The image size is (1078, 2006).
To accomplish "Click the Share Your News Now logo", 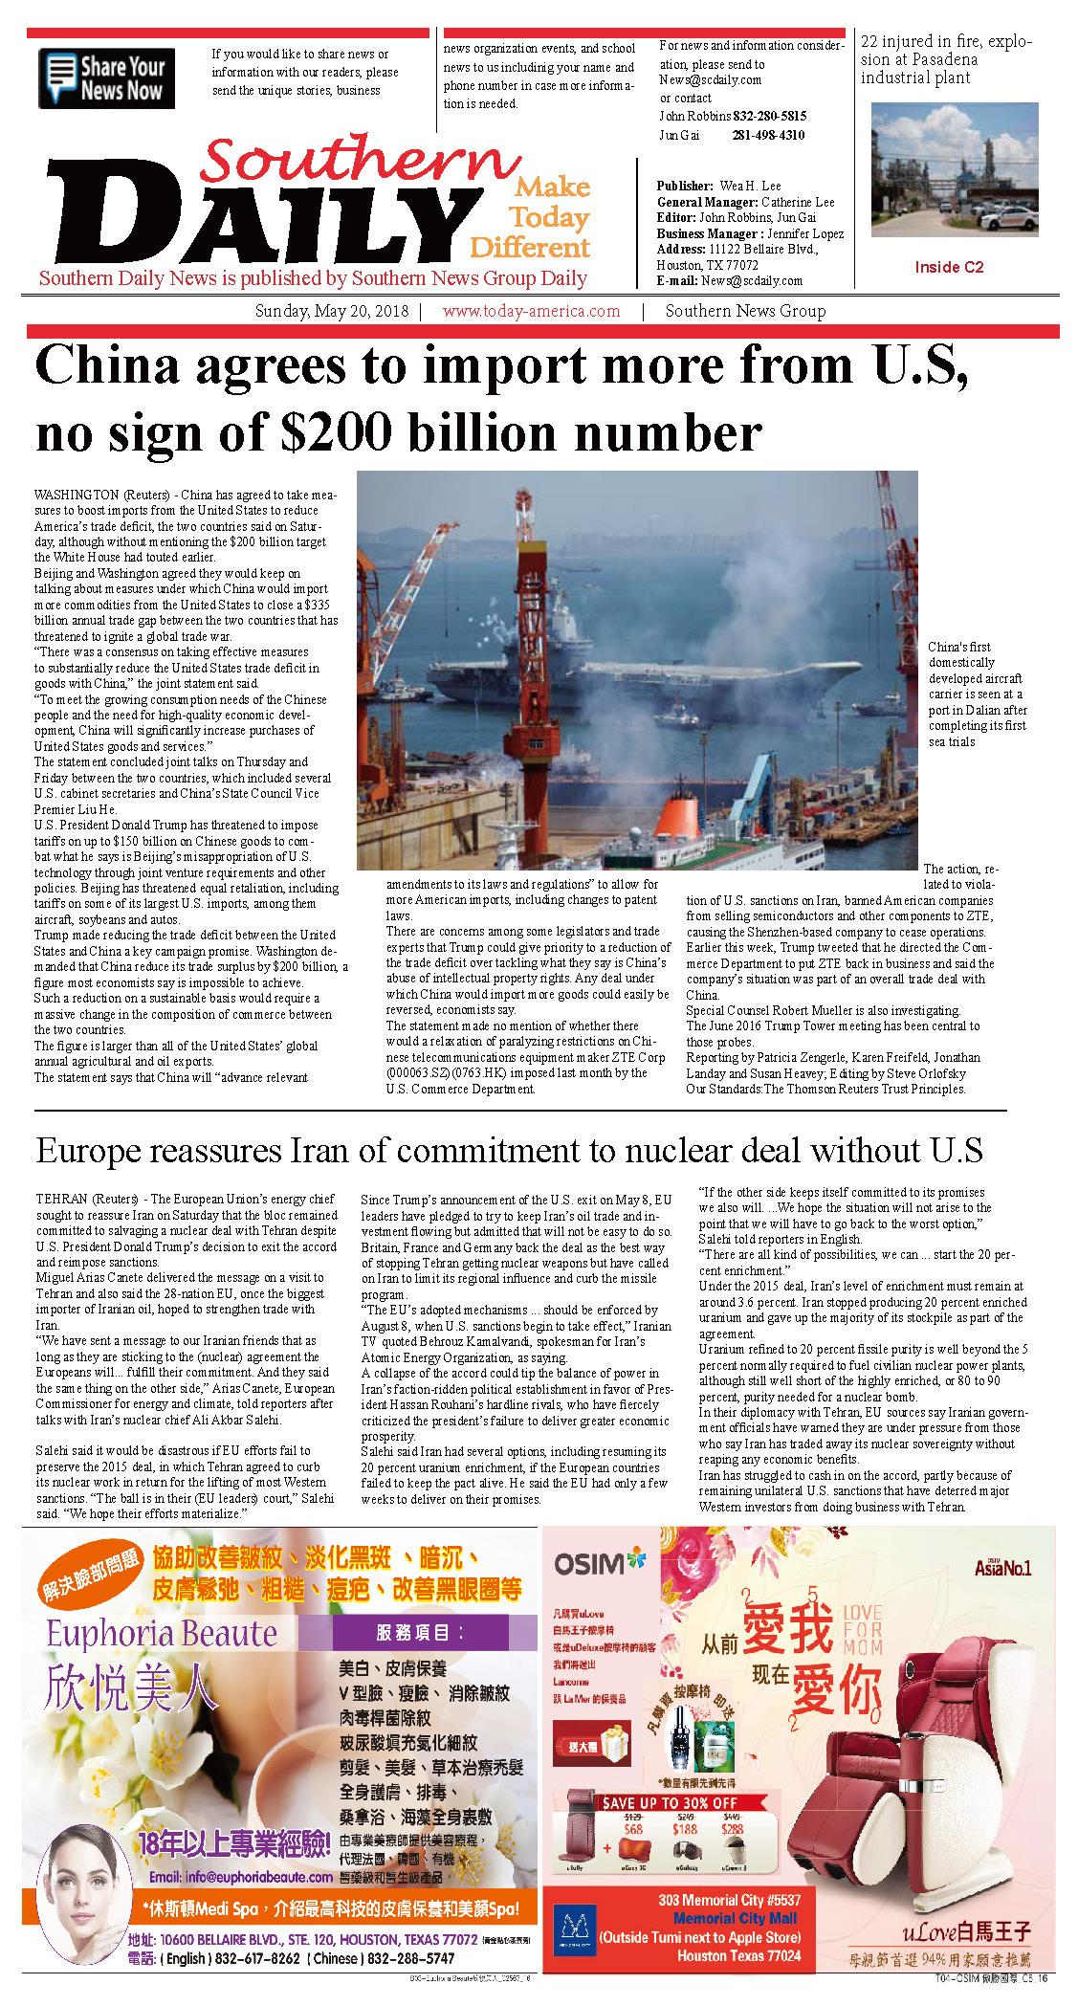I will pyautogui.click(x=106, y=78).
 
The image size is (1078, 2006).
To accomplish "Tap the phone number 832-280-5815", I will pyautogui.click(x=769, y=116).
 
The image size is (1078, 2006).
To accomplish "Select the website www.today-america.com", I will pyautogui.click(x=531, y=311).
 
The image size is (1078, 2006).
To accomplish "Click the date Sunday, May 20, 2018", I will pyautogui.click(x=331, y=311).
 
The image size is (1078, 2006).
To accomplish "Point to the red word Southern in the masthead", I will pyautogui.click(x=359, y=159).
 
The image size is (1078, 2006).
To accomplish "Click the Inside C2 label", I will pyautogui.click(x=948, y=267).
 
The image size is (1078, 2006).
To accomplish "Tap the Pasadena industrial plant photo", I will pyautogui.click(x=954, y=170).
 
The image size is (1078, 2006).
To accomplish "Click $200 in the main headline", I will pyautogui.click(x=335, y=434).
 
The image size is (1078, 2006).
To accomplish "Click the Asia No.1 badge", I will pyautogui.click(x=1002, y=1568).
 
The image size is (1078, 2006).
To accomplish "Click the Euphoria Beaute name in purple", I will pyautogui.click(x=162, y=1633).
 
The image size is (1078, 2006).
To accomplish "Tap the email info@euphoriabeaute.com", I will pyautogui.click(x=240, y=1877).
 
